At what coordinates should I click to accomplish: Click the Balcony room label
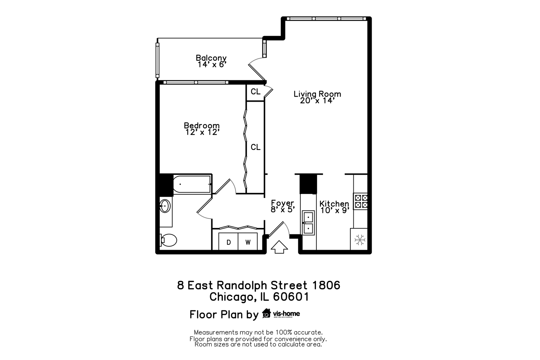pos(211,58)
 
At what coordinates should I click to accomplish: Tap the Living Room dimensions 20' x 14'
pos(317,101)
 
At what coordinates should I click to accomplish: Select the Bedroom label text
pos(202,126)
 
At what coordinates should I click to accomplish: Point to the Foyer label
pos(282,203)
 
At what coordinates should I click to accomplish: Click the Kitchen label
pos(334,203)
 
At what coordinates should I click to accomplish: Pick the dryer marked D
pos(229,242)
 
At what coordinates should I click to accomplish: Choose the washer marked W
pos(248,242)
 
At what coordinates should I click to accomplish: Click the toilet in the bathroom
pos(169,240)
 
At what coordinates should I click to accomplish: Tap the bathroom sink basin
pos(165,206)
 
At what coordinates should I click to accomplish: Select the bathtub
pos(192,184)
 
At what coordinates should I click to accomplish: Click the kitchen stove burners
pos(361,201)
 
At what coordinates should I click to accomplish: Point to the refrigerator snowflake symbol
pos(360,240)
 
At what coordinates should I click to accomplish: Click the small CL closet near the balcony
pos(255,92)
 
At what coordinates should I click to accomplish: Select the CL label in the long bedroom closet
pos(255,147)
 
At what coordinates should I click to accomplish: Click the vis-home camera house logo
pos(266,313)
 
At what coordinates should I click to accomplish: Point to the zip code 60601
pos(291,297)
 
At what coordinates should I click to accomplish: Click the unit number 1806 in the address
pos(326,285)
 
